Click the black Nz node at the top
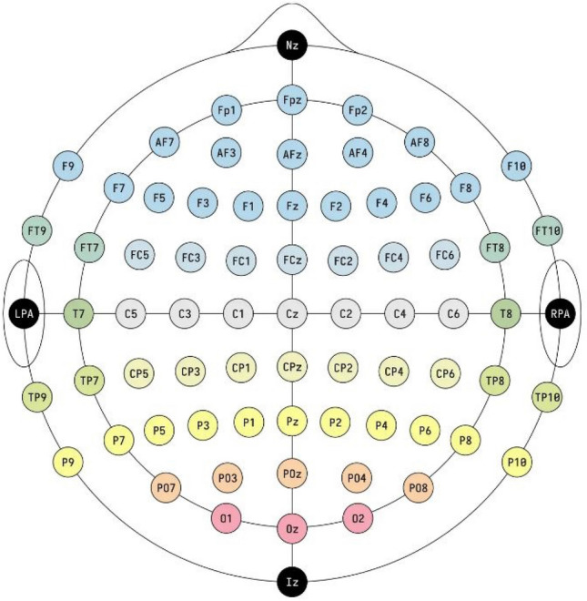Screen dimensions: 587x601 tap(291, 42)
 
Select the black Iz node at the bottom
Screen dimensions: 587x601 tap(291, 581)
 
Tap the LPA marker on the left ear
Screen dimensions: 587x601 tap(23, 313)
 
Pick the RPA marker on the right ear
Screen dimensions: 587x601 tap(558, 313)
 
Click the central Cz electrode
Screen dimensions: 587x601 tap(291, 313)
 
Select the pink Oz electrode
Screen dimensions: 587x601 tap(291, 527)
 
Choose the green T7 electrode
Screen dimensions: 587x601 tap(77, 313)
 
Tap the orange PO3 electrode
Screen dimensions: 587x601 tap(228, 476)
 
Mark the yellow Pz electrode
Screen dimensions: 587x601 tap(291, 421)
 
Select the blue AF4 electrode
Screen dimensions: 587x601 tap(357, 152)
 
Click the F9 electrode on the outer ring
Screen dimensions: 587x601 tap(66, 166)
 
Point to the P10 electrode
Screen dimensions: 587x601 tap(516, 462)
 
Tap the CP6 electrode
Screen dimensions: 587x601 tap(444, 373)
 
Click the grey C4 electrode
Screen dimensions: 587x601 tap(398, 313)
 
